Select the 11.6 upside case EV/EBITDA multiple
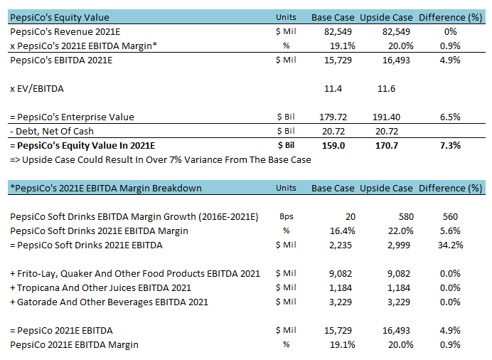tap(386, 89)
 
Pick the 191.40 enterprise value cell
tap(386, 117)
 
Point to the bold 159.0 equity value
tap(333, 145)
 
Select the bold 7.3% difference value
tap(449, 145)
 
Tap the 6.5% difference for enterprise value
tap(449, 117)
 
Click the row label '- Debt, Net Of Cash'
tap(53, 131)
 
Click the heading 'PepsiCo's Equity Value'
tap(60, 16)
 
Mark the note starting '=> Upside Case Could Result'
tap(160, 159)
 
